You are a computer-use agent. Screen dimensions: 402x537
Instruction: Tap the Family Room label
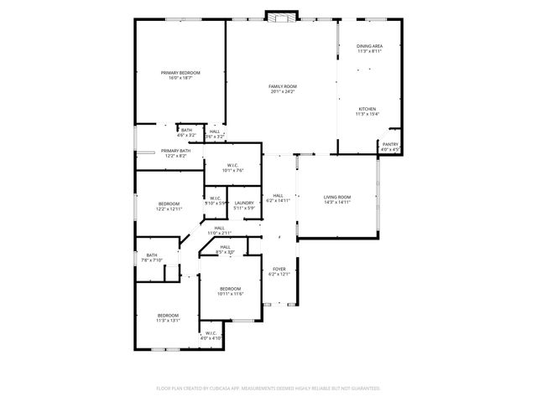click(283, 86)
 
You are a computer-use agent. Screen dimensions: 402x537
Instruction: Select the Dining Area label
click(370, 46)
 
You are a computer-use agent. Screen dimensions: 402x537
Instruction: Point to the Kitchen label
click(368, 109)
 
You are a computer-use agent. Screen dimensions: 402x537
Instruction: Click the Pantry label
click(390, 145)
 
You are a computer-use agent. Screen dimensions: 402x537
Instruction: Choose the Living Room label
click(336, 197)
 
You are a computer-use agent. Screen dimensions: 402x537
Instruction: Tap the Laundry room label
click(244, 203)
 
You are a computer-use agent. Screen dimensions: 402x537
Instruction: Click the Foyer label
click(279, 269)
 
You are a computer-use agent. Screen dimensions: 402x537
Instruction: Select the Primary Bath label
click(176, 151)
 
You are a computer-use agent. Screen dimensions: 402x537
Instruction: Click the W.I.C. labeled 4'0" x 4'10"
click(211, 333)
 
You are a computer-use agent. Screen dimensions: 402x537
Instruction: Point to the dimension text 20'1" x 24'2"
click(283, 91)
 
